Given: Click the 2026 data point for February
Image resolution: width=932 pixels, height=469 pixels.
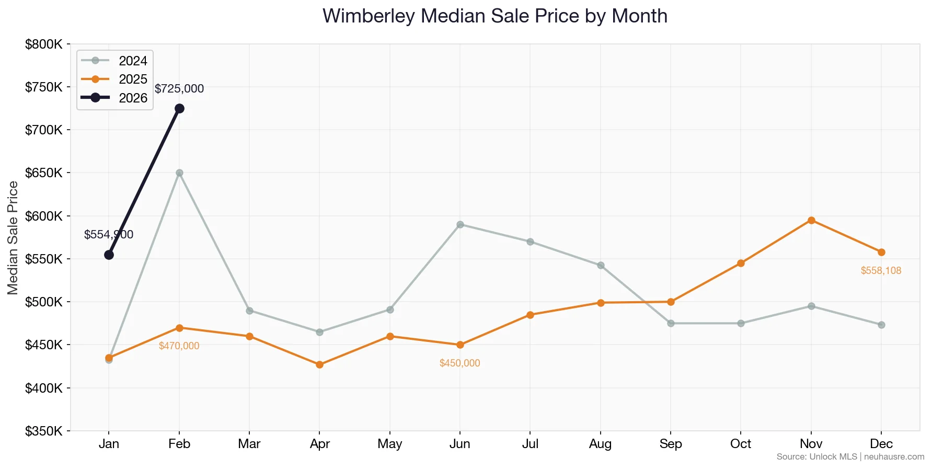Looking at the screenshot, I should pos(179,108).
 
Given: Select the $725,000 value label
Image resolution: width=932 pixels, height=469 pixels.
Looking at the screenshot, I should pos(179,89).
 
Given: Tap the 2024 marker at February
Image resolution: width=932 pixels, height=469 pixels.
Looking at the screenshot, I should pos(179,173).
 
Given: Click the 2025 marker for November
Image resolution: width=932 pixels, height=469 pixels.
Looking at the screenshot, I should pos(811,220).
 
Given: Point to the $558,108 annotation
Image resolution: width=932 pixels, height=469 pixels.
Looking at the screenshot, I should pos(881,271).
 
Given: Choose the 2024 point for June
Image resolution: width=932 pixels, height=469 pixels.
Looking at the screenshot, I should pos(460,224).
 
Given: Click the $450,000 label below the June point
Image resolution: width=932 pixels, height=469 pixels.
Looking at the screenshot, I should pos(459,363).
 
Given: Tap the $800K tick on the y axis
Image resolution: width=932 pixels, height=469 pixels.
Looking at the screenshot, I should pos(44,44).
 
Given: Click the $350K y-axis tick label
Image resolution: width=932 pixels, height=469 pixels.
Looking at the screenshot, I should pos(44,431).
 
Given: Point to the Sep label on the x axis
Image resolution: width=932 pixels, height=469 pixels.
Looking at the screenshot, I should pos(671,444).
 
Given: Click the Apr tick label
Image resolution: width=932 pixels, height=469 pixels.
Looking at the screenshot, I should pos(319,444).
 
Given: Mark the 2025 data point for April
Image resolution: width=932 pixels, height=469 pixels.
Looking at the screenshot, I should pos(319,364).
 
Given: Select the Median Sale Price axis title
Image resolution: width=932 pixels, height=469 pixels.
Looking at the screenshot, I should pos(13,238).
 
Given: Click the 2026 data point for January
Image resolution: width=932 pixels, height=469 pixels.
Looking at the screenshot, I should pos(109,255).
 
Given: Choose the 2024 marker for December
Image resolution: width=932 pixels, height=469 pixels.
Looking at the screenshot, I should pos(881,325).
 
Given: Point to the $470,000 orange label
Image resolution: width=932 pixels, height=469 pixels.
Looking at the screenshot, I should pos(179,346).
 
